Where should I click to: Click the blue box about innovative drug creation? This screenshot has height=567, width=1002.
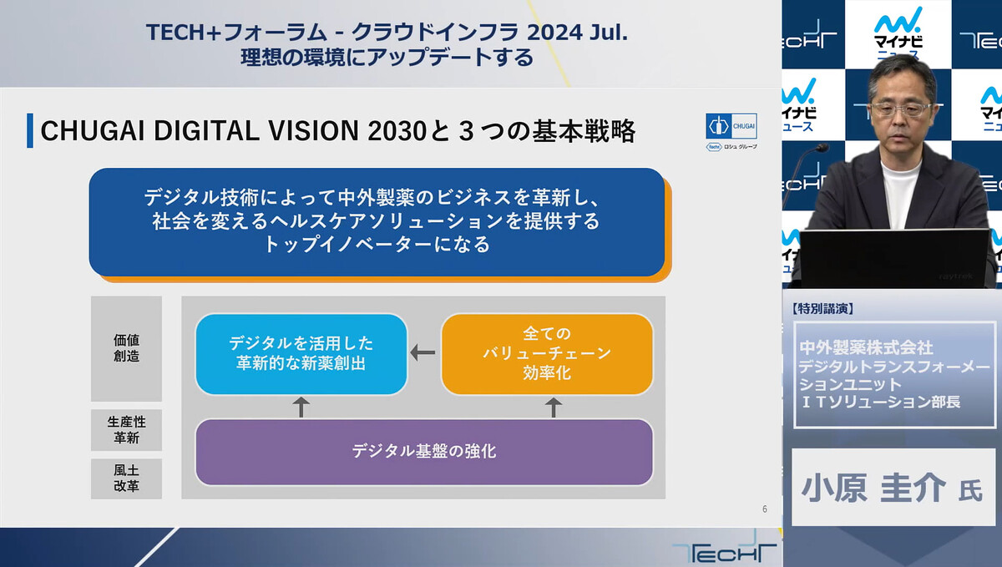tap(301, 354)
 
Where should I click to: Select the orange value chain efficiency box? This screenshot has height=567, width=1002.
tap(547, 354)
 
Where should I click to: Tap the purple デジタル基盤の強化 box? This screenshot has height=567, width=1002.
tap(424, 452)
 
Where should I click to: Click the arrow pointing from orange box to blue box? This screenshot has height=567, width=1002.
tap(423, 352)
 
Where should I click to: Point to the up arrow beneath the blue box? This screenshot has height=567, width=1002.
tap(301, 408)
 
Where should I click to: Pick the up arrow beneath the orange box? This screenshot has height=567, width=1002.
tap(554, 408)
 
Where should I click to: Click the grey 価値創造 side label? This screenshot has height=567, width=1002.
tap(127, 348)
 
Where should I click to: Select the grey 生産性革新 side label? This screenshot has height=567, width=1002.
tap(127, 430)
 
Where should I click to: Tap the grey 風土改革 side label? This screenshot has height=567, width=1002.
tap(127, 478)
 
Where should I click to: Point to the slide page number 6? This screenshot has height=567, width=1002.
tap(765, 509)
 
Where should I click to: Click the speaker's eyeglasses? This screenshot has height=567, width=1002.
tap(900, 109)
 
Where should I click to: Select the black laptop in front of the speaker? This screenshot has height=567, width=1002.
tap(893, 259)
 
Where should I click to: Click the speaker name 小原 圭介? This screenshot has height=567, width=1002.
tap(873, 488)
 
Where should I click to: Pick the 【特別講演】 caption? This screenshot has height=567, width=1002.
tap(823, 309)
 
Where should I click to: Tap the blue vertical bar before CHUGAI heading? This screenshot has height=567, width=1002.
tap(30, 130)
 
